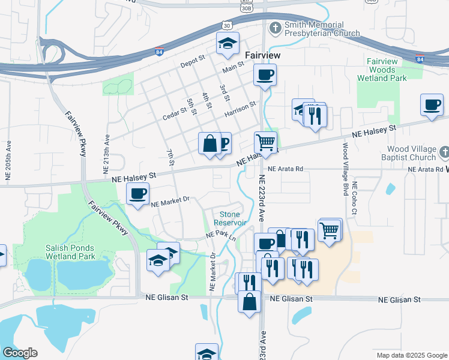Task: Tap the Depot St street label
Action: pyautogui.click(x=193, y=64)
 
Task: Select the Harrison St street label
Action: pyautogui.click(x=240, y=108)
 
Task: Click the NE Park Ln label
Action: pyautogui.click(x=220, y=234)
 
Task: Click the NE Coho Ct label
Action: pyautogui.click(x=355, y=198)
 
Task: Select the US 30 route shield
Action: pyautogui.click(x=226, y=26)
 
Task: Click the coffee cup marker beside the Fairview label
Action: pyautogui.click(x=264, y=76)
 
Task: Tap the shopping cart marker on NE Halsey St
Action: pyautogui.click(x=265, y=143)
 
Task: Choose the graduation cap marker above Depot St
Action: pyautogui.click(x=228, y=43)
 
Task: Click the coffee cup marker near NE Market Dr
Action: pyautogui.click(x=138, y=194)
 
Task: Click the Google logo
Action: pyautogui.click(x=20, y=353)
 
